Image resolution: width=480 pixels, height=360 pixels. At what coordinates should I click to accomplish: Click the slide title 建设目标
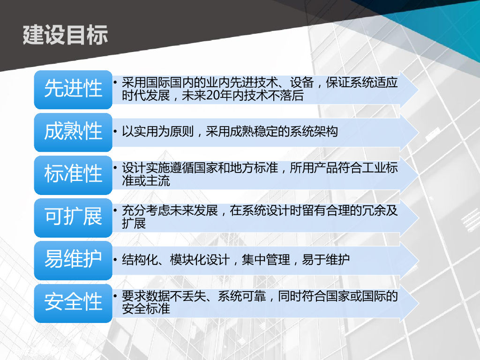click(x=65, y=35)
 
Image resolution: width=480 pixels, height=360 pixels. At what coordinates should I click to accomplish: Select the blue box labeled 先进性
click(x=73, y=90)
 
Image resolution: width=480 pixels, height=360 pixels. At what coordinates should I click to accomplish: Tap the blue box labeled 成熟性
click(x=73, y=132)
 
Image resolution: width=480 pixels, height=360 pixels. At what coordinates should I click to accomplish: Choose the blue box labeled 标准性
click(x=73, y=175)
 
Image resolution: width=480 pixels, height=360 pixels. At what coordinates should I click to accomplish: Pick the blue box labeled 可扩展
click(x=73, y=217)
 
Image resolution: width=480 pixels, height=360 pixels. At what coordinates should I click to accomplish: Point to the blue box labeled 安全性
click(x=73, y=303)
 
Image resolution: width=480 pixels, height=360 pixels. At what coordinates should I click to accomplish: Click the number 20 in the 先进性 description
click(x=213, y=96)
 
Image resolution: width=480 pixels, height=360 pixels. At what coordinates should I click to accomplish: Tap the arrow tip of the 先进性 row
click(x=418, y=90)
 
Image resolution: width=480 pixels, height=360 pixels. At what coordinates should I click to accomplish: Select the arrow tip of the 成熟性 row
click(x=418, y=132)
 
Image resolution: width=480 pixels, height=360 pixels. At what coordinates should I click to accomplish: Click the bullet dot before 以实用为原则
click(x=115, y=132)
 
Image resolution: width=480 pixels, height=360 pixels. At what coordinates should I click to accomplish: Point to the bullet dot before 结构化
click(x=115, y=260)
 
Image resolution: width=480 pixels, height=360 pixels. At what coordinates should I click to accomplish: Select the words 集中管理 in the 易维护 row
click(x=266, y=260)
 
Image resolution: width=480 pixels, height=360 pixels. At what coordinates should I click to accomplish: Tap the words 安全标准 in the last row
click(x=146, y=308)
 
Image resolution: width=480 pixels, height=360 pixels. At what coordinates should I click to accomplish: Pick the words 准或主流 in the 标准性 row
click(x=146, y=180)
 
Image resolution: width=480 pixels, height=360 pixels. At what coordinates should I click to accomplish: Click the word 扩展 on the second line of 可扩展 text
click(x=134, y=223)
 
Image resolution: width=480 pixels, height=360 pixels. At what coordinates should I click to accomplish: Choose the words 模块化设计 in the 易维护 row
click(x=200, y=260)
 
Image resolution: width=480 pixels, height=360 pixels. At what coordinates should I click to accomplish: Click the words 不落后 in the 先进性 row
click(x=285, y=96)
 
